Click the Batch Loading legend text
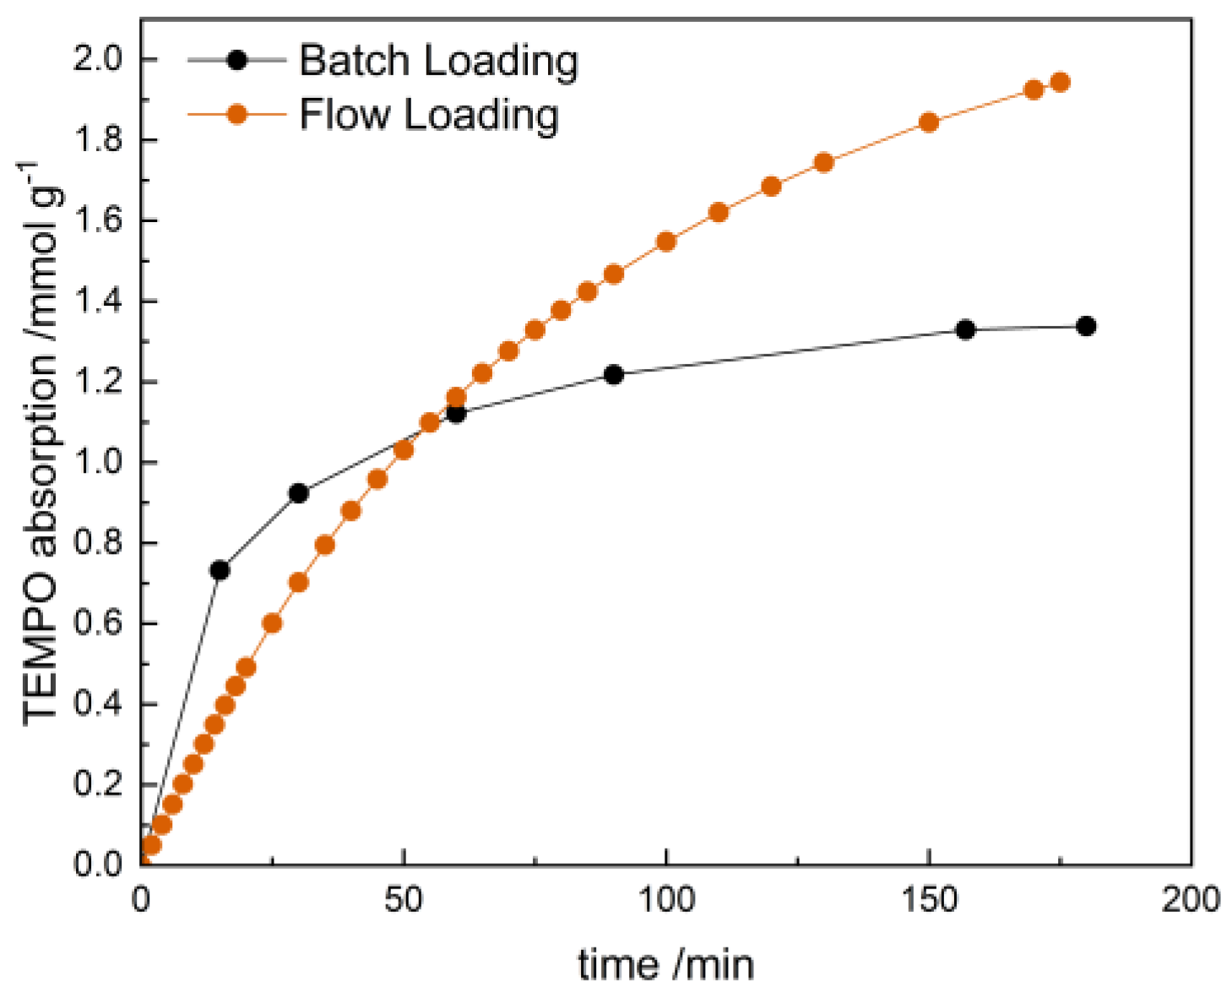(438, 61)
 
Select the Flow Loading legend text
(429, 114)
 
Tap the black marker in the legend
(237, 60)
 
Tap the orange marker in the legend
(237, 114)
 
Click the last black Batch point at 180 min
(1086, 326)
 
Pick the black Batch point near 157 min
(965, 329)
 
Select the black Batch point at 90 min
(614, 374)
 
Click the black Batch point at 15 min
(220, 570)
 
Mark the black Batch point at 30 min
(298, 493)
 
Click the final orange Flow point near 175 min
(1060, 82)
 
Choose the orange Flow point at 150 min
(929, 122)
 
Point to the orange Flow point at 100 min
(666, 242)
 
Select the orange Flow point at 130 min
(823, 162)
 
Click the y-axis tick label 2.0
(99, 60)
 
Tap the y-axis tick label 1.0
(99, 463)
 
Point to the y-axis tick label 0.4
(99, 704)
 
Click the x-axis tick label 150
(928, 900)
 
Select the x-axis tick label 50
(404, 900)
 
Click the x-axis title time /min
(665, 964)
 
